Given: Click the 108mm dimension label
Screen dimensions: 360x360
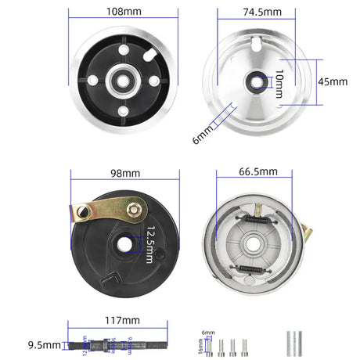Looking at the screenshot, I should (x=124, y=12).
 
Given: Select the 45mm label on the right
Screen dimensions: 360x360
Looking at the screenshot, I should (x=332, y=81).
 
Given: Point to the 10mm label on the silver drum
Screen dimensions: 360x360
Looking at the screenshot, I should (x=279, y=81).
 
